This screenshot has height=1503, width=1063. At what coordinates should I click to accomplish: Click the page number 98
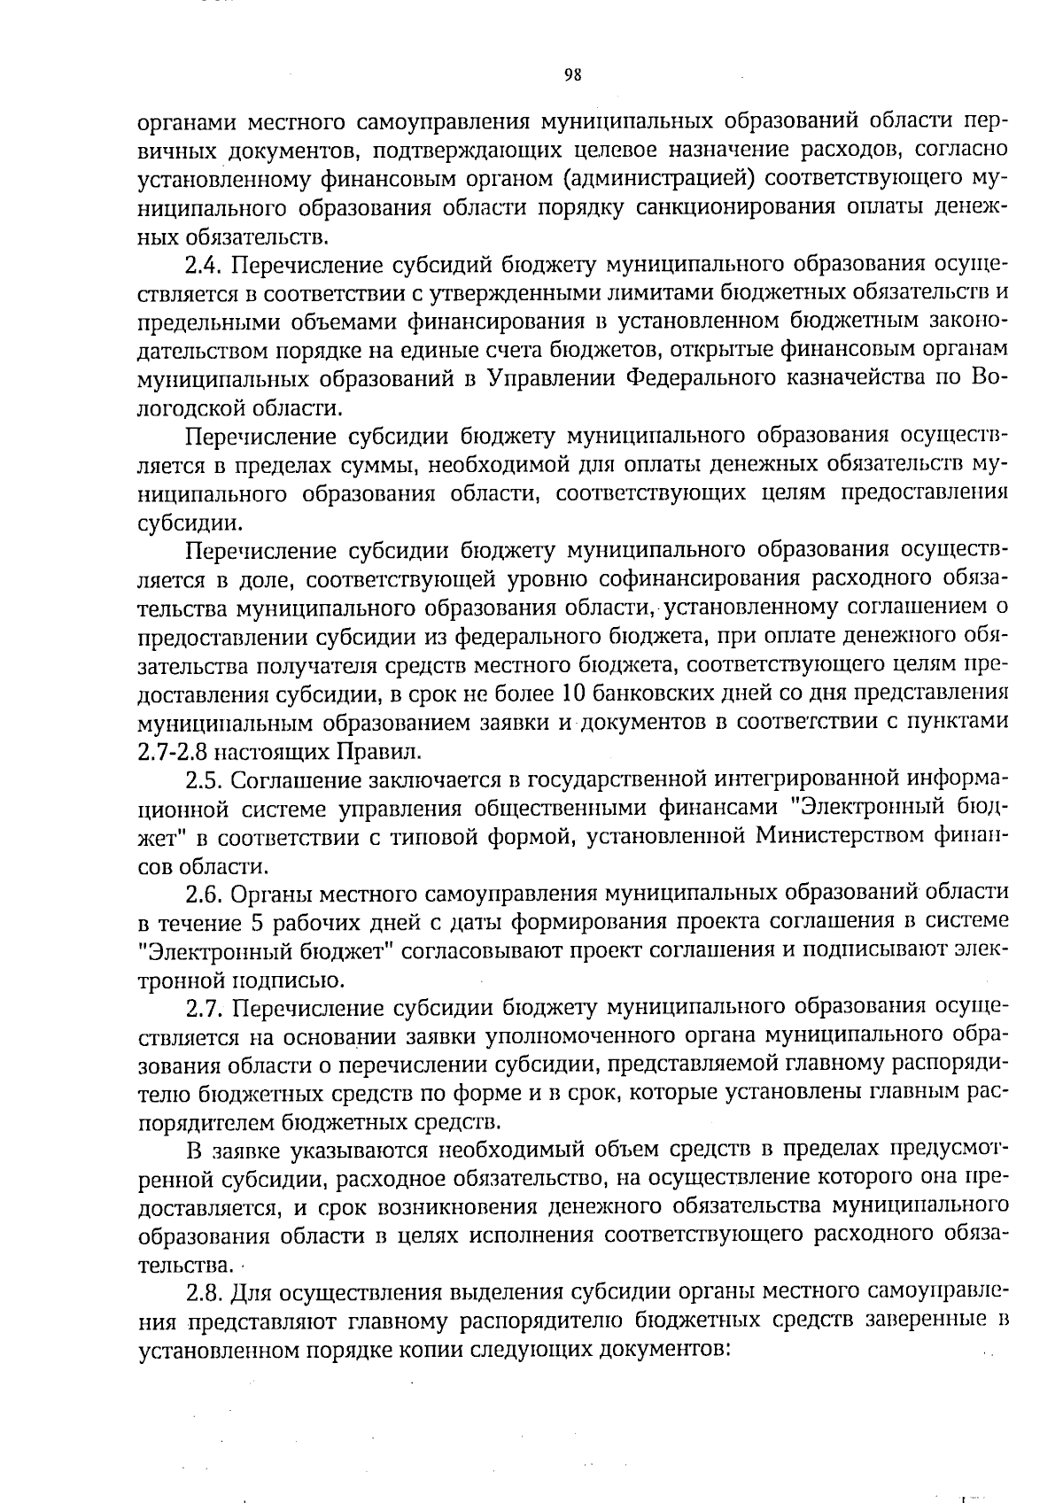pyautogui.click(x=572, y=75)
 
